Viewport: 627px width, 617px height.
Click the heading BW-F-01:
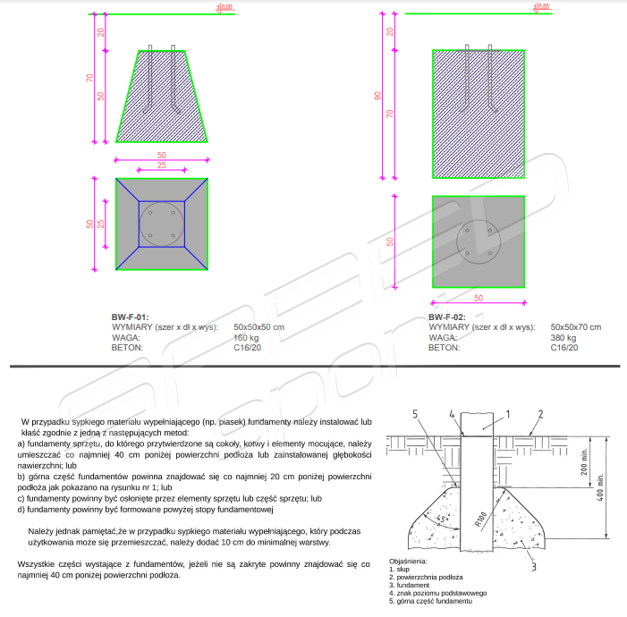click(x=130, y=317)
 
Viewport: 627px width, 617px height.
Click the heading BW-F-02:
click(x=447, y=317)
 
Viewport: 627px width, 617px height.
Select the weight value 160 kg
click(x=246, y=337)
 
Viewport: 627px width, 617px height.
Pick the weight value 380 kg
click(x=563, y=337)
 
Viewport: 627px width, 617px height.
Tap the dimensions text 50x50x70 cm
click(x=576, y=327)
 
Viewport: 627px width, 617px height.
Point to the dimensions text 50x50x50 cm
click(x=259, y=327)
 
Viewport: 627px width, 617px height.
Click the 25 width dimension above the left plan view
click(x=162, y=165)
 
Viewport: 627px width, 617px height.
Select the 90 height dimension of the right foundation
click(x=377, y=96)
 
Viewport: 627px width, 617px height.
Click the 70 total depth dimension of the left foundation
click(x=89, y=78)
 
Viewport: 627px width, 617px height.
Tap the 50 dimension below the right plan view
click(x=479, y=298)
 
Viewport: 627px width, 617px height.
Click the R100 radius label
click(x=480, y=519)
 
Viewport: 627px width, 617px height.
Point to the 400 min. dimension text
click(x=600, y=487)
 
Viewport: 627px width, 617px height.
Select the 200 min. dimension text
click(x=584, y=461)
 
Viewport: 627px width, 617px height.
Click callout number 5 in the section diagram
click(x=415, y=414)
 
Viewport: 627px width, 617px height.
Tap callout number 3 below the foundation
click(x=533, y=567)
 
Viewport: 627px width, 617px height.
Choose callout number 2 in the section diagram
click(x=540, y=414)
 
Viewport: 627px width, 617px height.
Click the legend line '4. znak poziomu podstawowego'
click(x=438, y=593)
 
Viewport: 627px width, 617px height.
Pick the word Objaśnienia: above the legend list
click(x=408, y=561)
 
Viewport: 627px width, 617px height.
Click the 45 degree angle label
click(x=441, y=519)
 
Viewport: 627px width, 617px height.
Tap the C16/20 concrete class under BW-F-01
click(x=247, y=348)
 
